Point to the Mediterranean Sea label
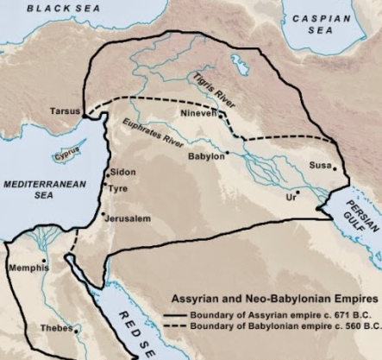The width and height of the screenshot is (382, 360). pyautogui.click(x=33, y=190)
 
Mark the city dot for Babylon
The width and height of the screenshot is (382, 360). pyautogui.click(x=227, y=155)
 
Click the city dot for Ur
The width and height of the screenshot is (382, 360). pyautogui.click(x=297, y=193)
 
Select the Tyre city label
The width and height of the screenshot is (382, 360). pyautogui.click(x=118, y=185)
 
